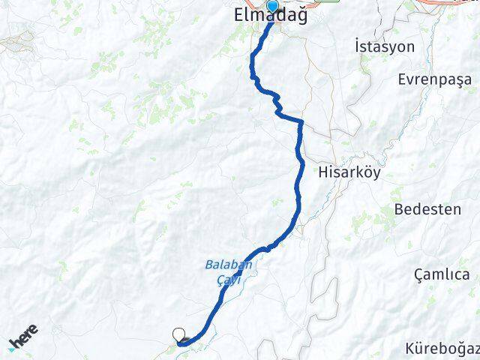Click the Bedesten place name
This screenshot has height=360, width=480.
(427, 209)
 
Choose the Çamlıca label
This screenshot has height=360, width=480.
(446, 275)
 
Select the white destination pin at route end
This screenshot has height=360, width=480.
(178, 335)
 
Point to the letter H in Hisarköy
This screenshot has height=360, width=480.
(323, 171)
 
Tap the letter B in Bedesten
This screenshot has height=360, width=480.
(397, 209)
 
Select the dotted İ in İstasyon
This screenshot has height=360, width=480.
(355, 46)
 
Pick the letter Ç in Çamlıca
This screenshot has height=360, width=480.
(419, 275)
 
